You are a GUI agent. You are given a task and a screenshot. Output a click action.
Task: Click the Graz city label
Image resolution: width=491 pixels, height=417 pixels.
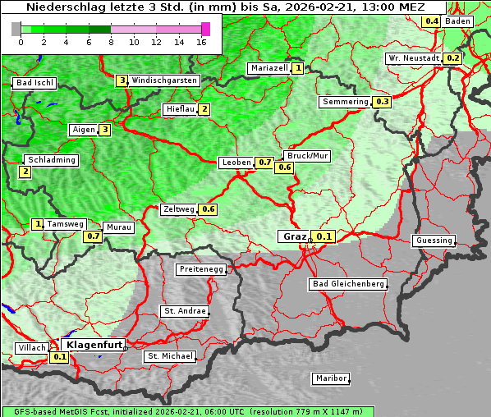click(x=294, y=236)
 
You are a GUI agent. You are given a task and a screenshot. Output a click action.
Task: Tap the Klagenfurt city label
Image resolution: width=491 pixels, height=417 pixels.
click(x=94, y=345)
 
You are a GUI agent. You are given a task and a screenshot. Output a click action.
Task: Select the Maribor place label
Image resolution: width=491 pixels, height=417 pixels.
click(x=331, y=378)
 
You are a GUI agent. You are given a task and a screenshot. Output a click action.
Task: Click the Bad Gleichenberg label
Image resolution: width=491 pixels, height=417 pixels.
click(x=347, y=284)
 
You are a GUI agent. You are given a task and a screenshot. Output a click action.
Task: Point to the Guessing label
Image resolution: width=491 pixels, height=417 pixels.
click(x=434, y=241)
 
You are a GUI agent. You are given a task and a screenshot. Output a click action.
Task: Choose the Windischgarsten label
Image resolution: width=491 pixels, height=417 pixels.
click(x=164, y=80)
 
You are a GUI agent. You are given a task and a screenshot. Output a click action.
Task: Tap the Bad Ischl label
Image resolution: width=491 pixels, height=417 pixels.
click(x=34, y=83)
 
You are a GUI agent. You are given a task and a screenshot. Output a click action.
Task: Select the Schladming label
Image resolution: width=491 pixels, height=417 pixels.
click(x=51, y=160)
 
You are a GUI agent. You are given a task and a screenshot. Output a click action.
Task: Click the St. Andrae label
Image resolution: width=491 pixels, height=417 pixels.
click(x=184, y=311)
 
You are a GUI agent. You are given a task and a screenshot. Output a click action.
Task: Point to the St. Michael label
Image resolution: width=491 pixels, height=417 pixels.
click(x=170, y=356)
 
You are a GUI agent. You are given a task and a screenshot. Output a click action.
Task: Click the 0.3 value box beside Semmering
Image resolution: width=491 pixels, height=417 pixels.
click(x=381, y=102)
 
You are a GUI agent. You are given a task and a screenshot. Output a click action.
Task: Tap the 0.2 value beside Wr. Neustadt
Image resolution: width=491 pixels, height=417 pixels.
click(x=452, y=58)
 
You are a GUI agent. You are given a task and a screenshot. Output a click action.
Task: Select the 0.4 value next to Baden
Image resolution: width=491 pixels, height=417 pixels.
click(x=431, y=21)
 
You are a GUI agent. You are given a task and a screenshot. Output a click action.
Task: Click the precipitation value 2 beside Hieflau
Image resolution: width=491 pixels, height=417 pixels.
click(x=204, y=109)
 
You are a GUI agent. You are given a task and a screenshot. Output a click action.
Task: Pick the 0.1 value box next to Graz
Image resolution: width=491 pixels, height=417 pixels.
click(x=324, y=237)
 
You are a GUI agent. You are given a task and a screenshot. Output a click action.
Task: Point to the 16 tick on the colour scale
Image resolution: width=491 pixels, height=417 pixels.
click(x=201, y=41)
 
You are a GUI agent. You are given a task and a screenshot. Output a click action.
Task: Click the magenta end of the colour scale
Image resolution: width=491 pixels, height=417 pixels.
click(x=205, y=29)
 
